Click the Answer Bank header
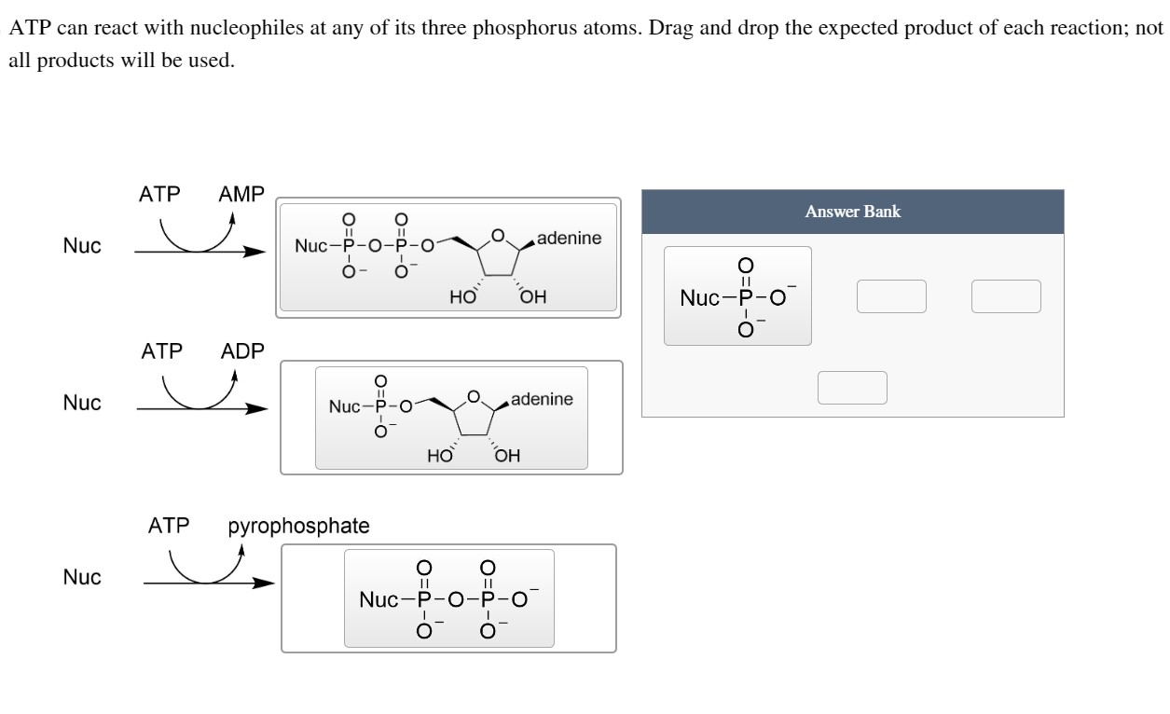pos(852,212)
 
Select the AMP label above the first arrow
pos(241,195)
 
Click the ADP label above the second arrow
pos(242,352)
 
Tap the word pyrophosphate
pos(298,526)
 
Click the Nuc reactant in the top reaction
pos(82,246)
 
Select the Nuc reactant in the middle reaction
pos(82,404)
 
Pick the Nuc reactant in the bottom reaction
pos(82,577)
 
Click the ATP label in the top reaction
pos(159,195)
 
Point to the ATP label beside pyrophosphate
pos(168,526)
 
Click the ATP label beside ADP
pos(161,352)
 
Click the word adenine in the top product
pos(569,239)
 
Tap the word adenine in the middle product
pos(542,400)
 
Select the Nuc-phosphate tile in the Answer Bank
pos(737,296)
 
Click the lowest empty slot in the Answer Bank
pos(852,388)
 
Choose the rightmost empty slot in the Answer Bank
pos(1006,296)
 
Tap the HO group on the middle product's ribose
pos(439,457)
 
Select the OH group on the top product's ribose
pos(533,298)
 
